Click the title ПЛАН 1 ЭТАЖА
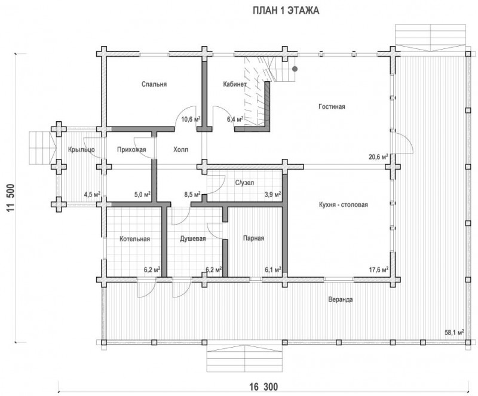[x=286, y=11]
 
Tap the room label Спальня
[x=154, y=84]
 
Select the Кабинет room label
[x=234, y=84]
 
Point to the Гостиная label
[x=332, y=106]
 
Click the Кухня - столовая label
[x=343, y=204]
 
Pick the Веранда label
[x=341, y=299]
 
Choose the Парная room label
[x=253, y=238]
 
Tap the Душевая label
[x=192, y=238]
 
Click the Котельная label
[x=135, y=238]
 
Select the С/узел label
[x=244, y=183]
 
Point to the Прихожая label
[x=131, y=149]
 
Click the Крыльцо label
[x=81, y=150]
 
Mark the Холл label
[x=181, y=149]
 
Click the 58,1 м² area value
[x=454, y=332]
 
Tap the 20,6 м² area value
[x=378, y=157]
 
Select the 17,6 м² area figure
[x=379, y=270]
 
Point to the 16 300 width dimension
[x=263, y=387]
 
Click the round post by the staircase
[x=295, y=69]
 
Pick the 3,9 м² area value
[x=272, y=194]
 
